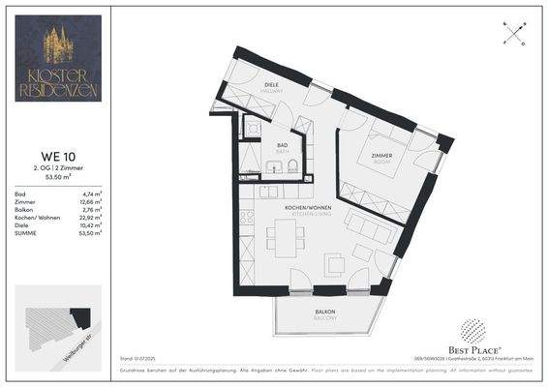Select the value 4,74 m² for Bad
click(94, 194)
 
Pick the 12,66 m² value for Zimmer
click(93, 201)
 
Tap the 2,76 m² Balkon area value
click(94, 208)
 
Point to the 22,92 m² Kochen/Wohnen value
click(93, 215)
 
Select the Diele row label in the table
click(20, 223)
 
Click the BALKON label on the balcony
click(324, 312)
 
